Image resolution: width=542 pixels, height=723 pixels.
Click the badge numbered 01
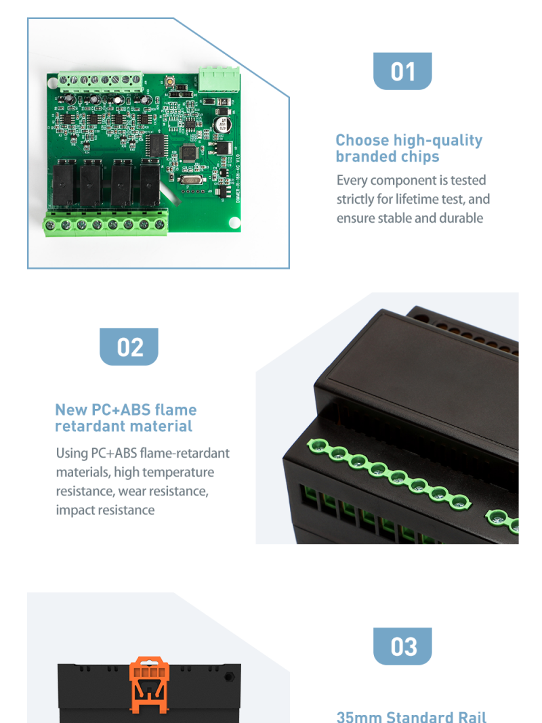(x=402, y=71)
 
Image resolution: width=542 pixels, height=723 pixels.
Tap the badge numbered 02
(x=129, y=347)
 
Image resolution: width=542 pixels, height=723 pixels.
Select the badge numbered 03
(x=402, y=646)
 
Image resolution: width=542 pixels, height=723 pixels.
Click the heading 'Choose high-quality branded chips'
(x=409, y=148)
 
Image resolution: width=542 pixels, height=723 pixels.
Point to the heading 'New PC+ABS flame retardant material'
(x=125, y=418)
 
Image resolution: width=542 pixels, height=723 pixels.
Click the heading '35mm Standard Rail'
(x=411, y=716)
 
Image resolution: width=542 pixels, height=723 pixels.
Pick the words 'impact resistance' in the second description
(x=105, y=510)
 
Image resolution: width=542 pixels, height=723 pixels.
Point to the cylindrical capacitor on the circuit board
(x=222, y=125)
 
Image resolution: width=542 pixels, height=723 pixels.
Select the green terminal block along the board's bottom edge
(x=106, y=223)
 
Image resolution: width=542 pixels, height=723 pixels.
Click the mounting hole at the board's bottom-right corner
(x=234, y=221)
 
